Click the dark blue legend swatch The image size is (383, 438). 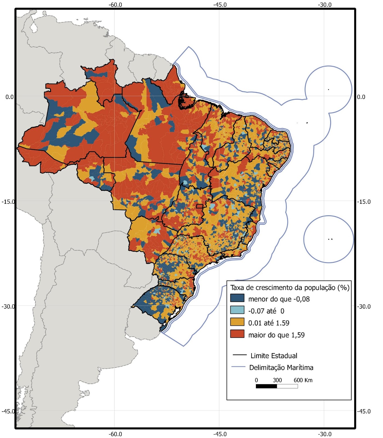[x=237, y=298]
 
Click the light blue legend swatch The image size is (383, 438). [x=237, y=310]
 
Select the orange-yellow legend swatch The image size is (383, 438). [x=237, y=322]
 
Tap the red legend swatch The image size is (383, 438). [x=237, y=334]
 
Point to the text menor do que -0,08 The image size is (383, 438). [x=279, y=299]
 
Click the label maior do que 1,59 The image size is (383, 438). [x=276, y=335]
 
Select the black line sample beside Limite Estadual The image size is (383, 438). [x=239, y=355]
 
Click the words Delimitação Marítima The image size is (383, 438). [x=281, y=367]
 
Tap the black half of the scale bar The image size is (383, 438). [x=266, y=386]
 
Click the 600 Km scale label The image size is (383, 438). [x=303, y=380]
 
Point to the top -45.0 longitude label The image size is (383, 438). [x=220, y=5]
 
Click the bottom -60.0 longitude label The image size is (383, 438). [x=115, y=434]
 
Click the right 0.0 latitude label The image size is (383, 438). [x=361, y=97]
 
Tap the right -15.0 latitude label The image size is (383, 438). [x=364, y=202]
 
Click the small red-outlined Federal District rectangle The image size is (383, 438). [x=200, y=206]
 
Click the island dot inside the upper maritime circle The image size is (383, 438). [x=328, y=90]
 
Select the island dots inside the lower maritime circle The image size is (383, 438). [x=330, y=239]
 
